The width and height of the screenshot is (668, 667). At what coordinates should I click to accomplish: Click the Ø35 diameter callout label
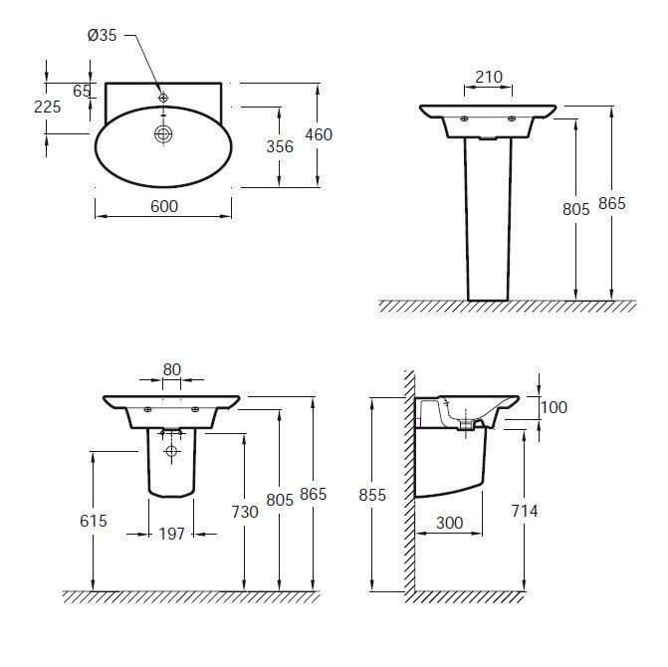coord(102,35)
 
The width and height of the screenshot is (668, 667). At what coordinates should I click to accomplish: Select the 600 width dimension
coord(164,207)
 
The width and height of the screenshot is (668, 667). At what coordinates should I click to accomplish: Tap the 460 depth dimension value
coord(319,134)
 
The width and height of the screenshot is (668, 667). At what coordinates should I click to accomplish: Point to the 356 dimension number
coord(280,146)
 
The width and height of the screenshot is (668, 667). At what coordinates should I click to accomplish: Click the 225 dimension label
coord(48,107)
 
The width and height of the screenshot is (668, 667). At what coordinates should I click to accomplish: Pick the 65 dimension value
coord(82,91)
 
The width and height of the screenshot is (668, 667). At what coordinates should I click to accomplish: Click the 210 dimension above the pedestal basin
coord(489,77)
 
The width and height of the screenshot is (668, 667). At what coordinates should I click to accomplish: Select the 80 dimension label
coord(172,369)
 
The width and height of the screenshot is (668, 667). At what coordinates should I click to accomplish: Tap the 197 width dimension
coord(171,534)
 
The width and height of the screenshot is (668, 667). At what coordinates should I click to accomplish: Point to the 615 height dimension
coord(94,521)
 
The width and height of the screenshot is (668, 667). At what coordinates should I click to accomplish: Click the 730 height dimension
coord(245,512)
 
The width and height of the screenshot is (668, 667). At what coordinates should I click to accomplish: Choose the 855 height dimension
coord(372,495)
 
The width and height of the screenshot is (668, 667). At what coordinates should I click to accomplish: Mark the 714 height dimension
coord(525,511)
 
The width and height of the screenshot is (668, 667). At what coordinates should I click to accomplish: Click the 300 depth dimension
coord(449,523)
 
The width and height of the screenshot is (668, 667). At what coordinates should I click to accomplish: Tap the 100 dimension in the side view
coord(554,407)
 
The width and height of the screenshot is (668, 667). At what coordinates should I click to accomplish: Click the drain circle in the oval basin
coord(163,134)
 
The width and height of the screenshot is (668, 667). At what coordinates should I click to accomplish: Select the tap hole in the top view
coord(163,98)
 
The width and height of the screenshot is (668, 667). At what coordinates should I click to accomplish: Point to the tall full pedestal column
coord(488,219)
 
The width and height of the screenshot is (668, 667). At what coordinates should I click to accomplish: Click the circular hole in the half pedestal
coord(171,451)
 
